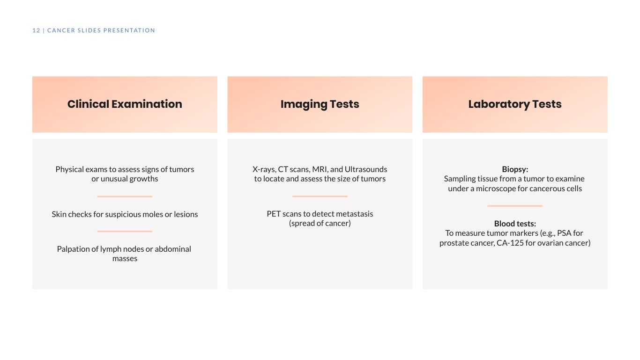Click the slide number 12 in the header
36,30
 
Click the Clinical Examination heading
125,104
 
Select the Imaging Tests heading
320,104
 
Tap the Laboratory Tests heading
514,104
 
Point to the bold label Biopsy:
514,169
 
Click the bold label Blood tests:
514,224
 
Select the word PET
274,214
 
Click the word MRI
320,169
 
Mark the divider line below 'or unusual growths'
125,196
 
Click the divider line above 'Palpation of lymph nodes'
125,231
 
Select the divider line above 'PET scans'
320,196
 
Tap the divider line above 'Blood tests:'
514,206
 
